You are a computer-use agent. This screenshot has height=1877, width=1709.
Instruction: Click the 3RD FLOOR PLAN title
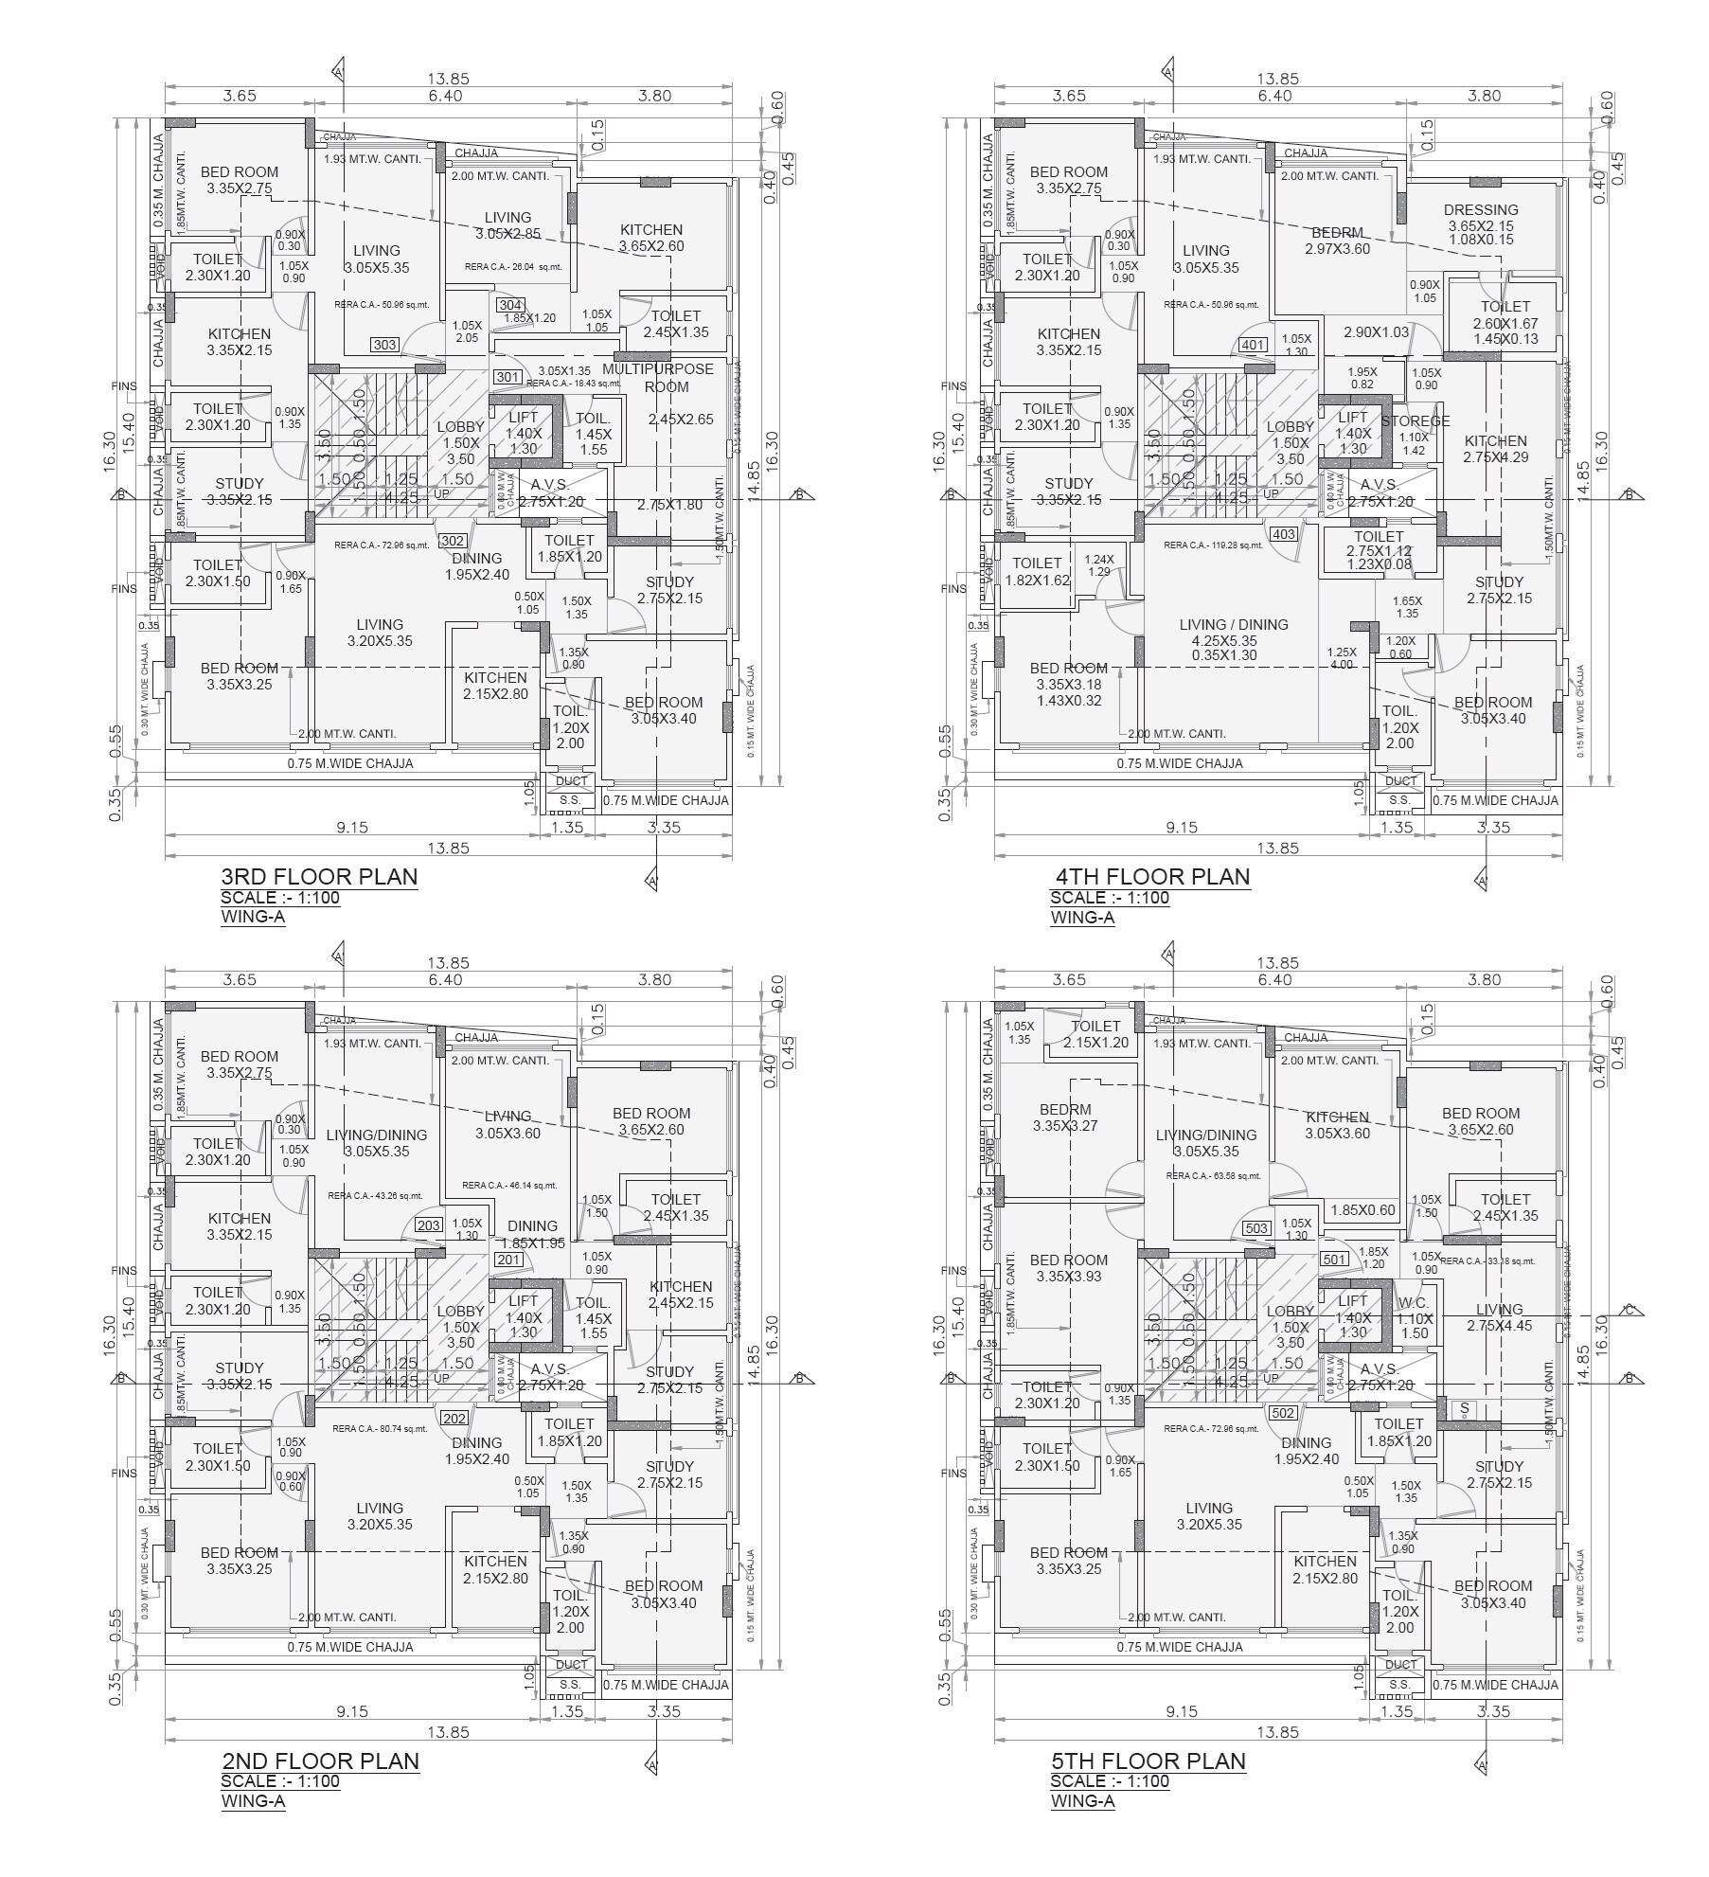(x=318, y=876)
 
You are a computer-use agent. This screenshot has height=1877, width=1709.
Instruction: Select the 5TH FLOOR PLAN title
(x=1148, y=1761)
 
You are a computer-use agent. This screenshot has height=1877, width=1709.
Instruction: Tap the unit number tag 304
(x=510, y=305)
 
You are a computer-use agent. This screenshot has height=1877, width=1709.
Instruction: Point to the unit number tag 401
(x=1253, y=345)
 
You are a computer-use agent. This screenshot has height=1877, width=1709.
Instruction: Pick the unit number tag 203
(x=429, y=1225)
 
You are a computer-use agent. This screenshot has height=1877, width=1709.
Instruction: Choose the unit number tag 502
(x=1282, y=1413)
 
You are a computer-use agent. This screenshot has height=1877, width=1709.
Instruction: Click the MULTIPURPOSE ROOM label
(x=657, y=377)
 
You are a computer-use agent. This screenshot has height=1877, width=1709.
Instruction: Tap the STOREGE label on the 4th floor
(x=1415, y=421)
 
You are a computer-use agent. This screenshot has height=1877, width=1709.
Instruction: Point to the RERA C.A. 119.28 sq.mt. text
(x=1213, y=545)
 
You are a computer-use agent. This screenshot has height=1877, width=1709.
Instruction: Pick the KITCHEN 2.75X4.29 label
(x=1495, y=449)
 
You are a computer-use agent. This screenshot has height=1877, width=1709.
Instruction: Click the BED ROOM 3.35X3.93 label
(x=1068, y=1268)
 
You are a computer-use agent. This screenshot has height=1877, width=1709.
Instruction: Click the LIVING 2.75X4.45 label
(x=1498, y=1317)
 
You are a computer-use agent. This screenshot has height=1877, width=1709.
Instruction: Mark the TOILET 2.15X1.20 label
(x=1095, y=1034)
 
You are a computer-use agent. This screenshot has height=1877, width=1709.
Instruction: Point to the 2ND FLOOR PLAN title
(x=320, y=1761)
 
